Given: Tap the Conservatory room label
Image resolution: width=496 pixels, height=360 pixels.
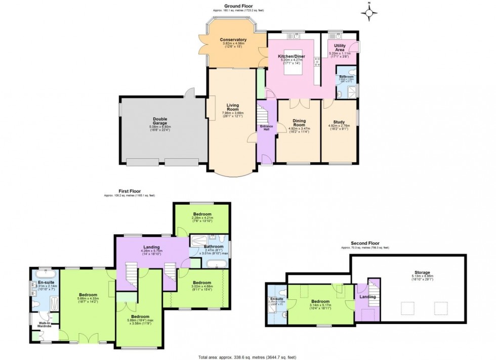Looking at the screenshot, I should coord(233,40).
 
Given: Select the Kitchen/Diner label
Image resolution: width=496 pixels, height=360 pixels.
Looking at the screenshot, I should coord(291,57).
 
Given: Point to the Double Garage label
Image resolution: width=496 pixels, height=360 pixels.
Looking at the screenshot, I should coord(160,120).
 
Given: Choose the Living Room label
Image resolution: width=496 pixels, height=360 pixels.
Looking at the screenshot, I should coord(232,107).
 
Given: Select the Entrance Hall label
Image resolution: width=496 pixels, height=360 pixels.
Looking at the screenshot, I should coord(267,127).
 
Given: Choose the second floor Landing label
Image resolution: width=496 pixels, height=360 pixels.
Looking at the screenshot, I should coord(368,297).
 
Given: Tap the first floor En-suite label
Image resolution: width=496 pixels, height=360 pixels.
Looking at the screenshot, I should coord(45,275).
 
